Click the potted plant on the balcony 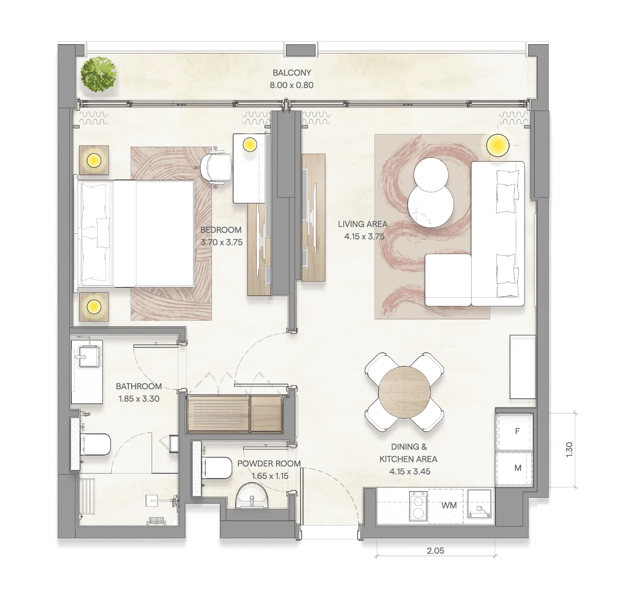tap(99, 75)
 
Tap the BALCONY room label tap(292, 73)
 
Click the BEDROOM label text tap(221, 230)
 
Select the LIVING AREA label tap(363, 224)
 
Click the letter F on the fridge tap(517, 431)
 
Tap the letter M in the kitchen tap(518, 468)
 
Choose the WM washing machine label tap(449, 505)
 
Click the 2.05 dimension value tap(435, 551)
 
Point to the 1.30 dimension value tap(569, 449)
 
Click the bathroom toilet tap(95, 444)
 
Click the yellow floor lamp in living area tap(497, 145)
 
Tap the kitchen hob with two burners tap(418, 506)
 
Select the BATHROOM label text tap(139, 386)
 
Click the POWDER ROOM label tap(269, 464)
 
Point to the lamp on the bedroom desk tap(250, 144)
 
